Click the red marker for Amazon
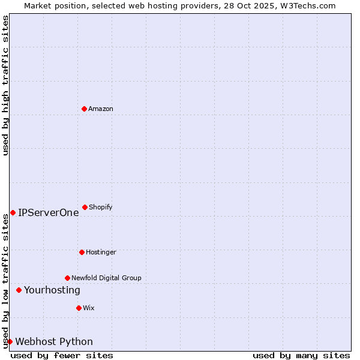84,109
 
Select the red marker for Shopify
85,207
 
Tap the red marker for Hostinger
82,252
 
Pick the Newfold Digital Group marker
67,278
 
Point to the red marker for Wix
79,308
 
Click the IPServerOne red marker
13,212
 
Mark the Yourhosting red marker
19,290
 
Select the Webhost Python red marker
10,341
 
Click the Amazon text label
101,109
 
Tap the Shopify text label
101,207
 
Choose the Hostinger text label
101,252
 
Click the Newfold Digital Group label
106,278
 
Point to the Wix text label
89,308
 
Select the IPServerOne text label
48,212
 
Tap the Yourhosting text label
52,290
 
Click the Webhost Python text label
54,341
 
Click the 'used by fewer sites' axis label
62,355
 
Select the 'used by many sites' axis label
301,355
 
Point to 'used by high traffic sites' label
5,85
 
